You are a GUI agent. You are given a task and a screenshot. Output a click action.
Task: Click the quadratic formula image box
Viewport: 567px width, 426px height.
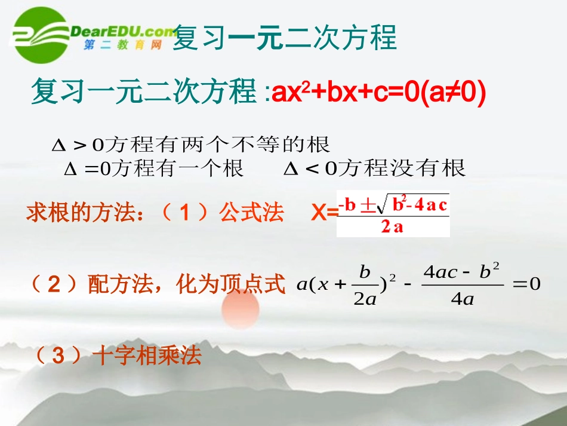(x=393, y=214)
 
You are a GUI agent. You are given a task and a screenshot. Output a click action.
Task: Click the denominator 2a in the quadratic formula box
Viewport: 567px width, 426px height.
(x=392, y=228)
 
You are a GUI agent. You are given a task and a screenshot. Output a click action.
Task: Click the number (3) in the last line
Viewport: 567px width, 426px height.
(x=58, y=357)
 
